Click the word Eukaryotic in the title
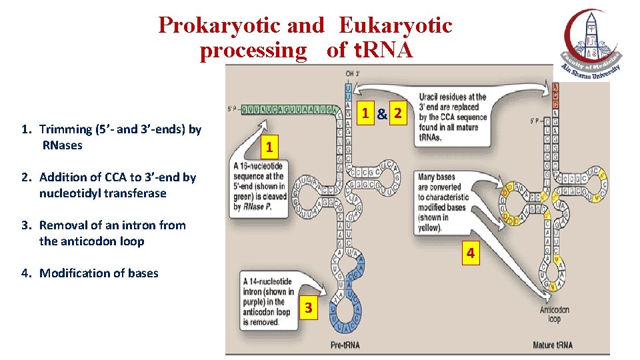395,25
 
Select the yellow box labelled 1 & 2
381,114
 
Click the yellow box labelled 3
308,308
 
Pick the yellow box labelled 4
471,253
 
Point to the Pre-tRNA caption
346,345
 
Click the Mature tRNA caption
553,345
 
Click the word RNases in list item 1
62,145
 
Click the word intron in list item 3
137,225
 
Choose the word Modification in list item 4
72,273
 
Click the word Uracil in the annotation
431,97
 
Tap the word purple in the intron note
257,301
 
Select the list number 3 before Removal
25,225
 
